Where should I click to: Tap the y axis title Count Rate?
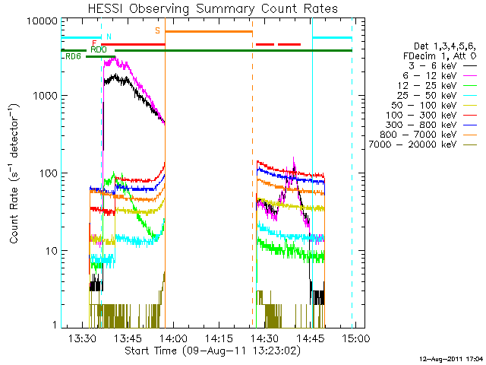click(15, 173)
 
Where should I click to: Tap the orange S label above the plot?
click(157, 30)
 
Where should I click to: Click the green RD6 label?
click(73, 56)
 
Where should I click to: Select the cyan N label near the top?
click(109, 36)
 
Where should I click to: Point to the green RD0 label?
click(98, 49)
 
